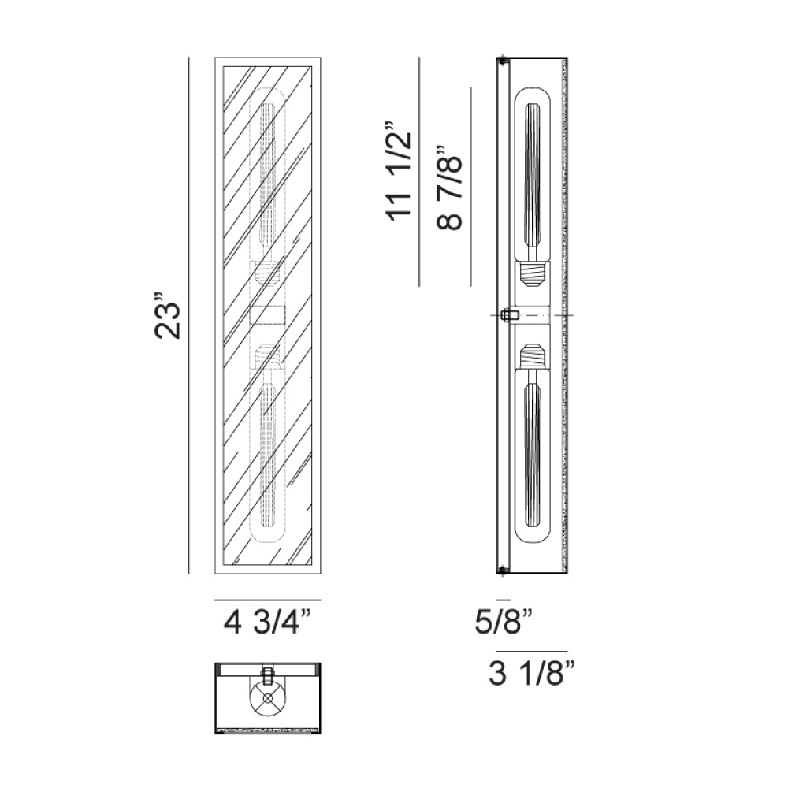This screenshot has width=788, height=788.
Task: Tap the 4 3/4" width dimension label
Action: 267,623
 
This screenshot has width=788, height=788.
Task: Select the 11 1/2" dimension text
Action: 399,171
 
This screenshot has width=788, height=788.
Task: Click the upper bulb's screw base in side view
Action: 532,273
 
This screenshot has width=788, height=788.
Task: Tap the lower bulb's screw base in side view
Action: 532,356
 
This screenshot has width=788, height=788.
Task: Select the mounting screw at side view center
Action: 510,315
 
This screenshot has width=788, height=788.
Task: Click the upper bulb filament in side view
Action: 532,175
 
